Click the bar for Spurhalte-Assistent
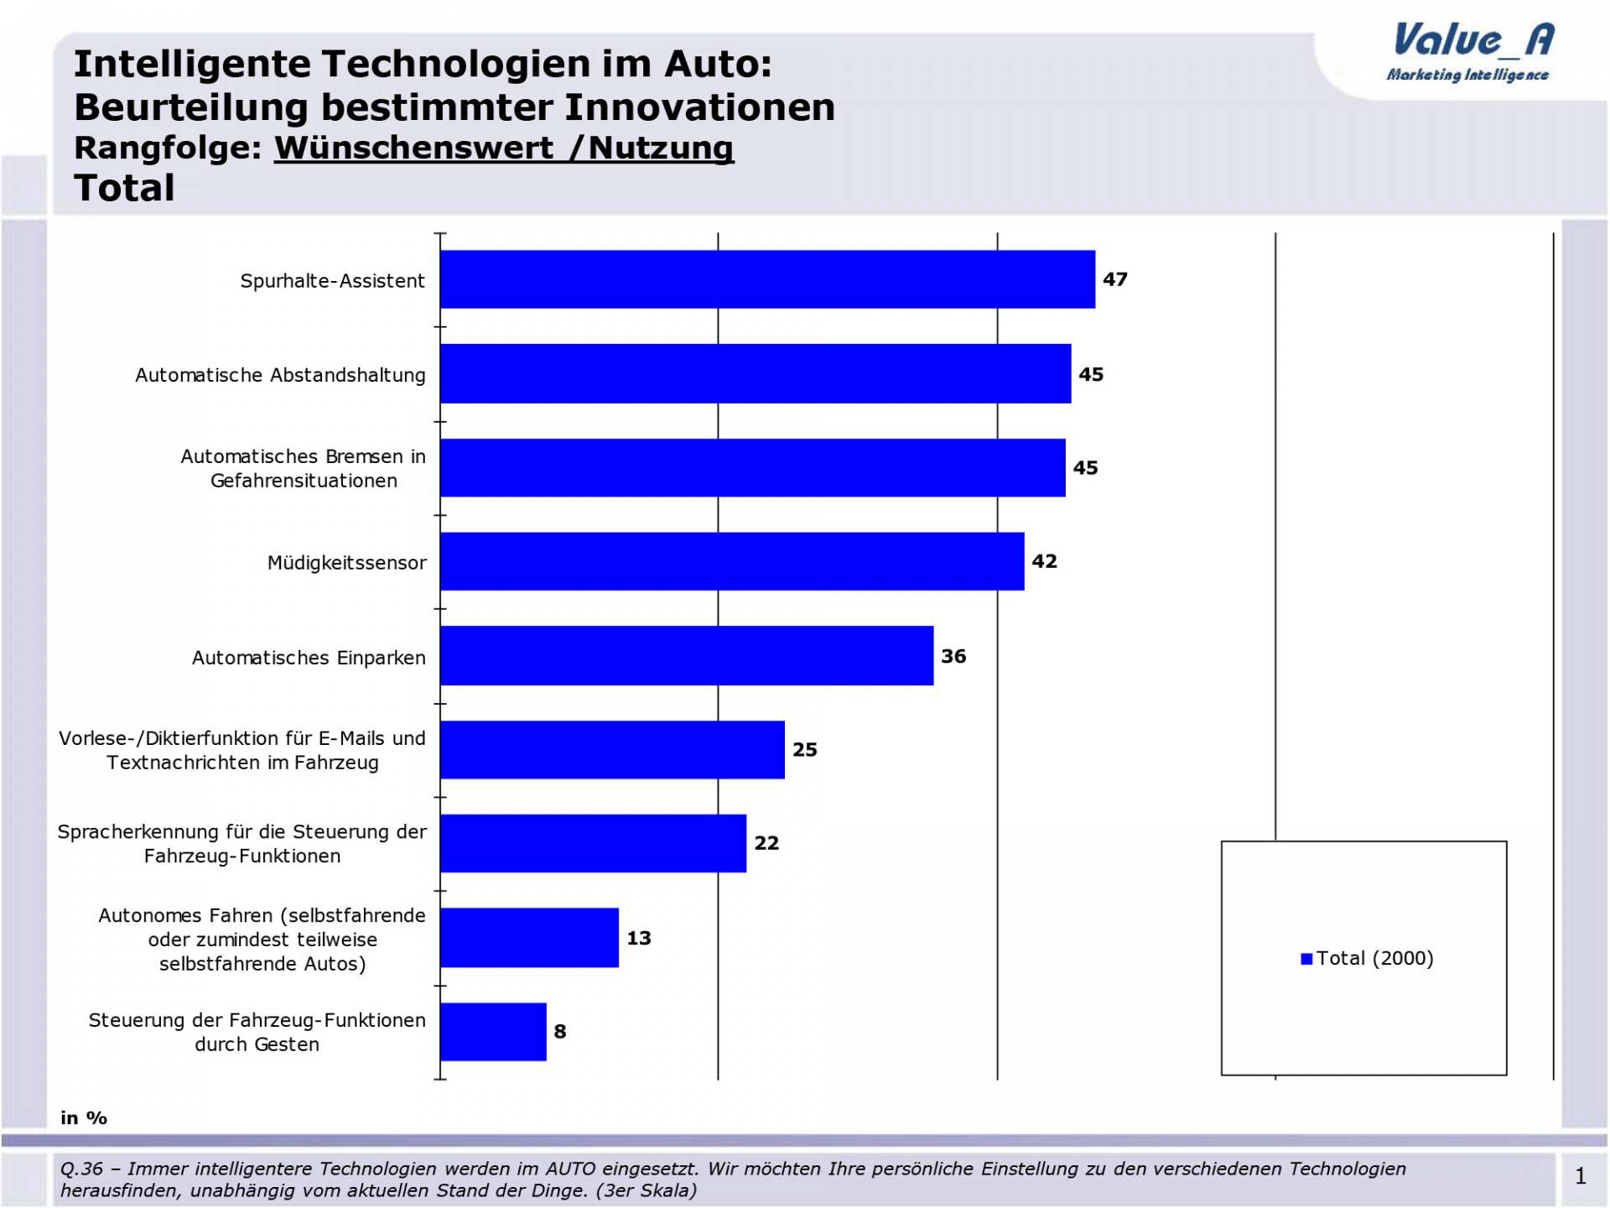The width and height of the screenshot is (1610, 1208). (767, 279)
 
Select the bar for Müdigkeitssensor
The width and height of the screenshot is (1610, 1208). (731, 561)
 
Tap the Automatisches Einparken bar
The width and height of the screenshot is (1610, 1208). (686, 655)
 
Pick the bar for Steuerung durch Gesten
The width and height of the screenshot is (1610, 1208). (493, 1031)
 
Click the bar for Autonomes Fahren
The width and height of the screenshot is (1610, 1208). (529, 937)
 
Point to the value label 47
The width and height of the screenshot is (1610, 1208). (1114, 279)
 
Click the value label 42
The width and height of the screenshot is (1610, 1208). (1044, 561)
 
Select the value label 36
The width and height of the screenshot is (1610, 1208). (953, 656)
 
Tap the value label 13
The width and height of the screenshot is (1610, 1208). (639, 938)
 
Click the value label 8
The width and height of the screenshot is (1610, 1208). (560, 1032)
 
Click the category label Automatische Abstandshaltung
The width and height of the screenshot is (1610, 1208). (280, 375)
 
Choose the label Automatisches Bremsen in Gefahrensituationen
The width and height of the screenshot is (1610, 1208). (303, 468)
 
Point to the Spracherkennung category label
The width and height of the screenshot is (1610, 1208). (241, 843)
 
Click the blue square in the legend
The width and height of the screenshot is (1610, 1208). (1306, 959)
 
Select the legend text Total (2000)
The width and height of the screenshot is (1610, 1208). (1374, 958)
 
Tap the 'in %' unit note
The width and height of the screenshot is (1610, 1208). (84, 1117)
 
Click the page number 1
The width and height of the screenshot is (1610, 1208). (1581, 1176)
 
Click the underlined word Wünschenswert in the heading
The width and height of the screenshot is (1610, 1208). (413, 148)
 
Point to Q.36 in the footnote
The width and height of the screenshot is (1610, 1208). (81, 1169)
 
